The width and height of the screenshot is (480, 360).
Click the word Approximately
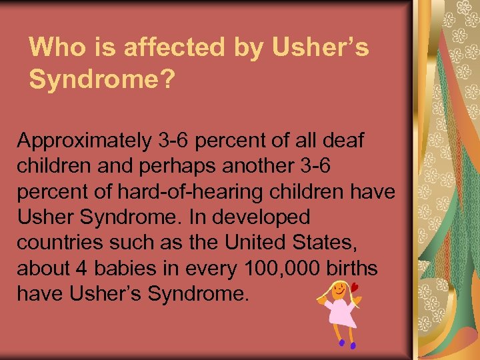[83, 141]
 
